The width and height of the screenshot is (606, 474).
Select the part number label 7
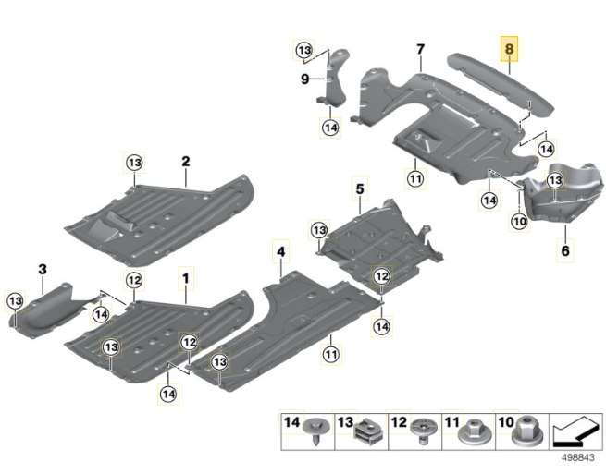(420, 49)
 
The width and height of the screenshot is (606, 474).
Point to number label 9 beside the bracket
(303, 80)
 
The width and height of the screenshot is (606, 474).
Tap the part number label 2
(186, 162)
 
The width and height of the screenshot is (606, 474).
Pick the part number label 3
(42, 269)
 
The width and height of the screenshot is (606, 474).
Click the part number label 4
(279, 249)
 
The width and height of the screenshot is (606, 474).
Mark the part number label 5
(359, 188)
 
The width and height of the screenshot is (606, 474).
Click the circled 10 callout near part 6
(518, 221)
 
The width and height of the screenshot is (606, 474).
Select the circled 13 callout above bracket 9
(304, 49)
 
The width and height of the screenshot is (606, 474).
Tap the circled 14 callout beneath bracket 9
(330, 128)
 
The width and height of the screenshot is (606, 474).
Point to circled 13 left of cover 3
(16, 300)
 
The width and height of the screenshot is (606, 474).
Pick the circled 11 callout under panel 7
(415, 177)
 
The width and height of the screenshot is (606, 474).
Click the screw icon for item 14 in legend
(319, 430)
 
